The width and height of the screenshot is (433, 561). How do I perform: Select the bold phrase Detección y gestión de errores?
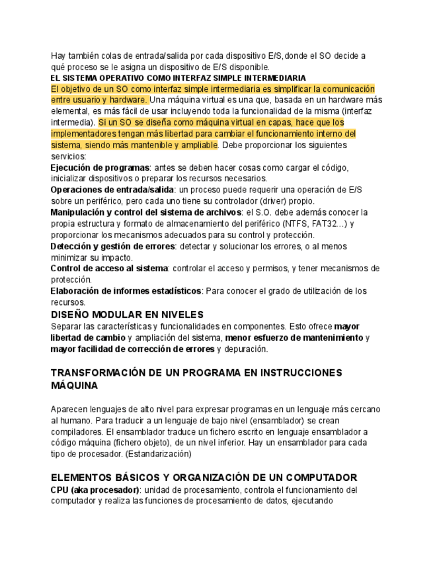coord(112,246)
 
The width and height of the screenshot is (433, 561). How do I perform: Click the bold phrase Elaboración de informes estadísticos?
coord(126,291)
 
